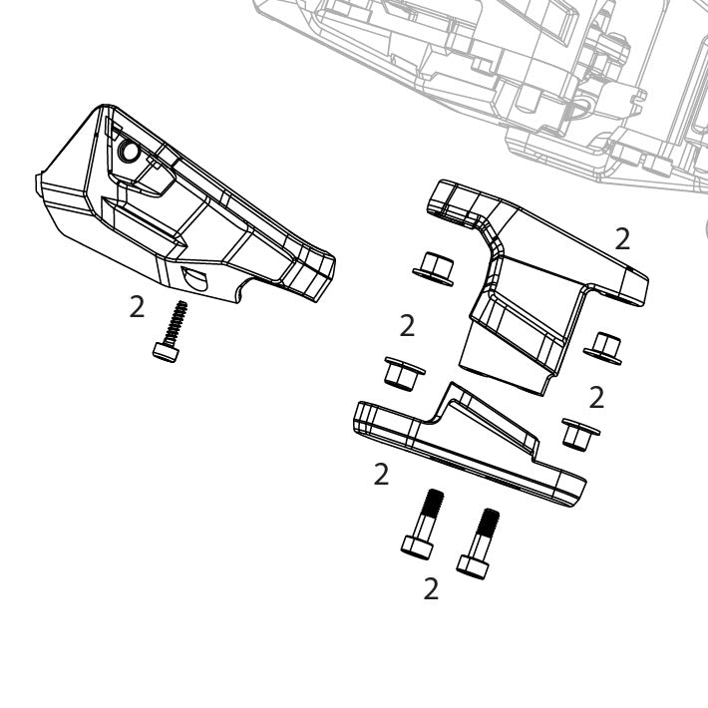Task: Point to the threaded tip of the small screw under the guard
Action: (x=182, y=308)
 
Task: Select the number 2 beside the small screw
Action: (x=137, y=306)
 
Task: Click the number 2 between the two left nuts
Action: (x=407, y=325)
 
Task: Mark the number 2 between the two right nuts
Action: (x=596, y=397)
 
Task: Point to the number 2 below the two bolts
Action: (x=431, y=588)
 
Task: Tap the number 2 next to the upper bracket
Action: (x=622, y=238)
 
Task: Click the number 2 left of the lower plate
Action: (x=380, y=474)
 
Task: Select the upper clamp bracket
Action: (x=519, y=289)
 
